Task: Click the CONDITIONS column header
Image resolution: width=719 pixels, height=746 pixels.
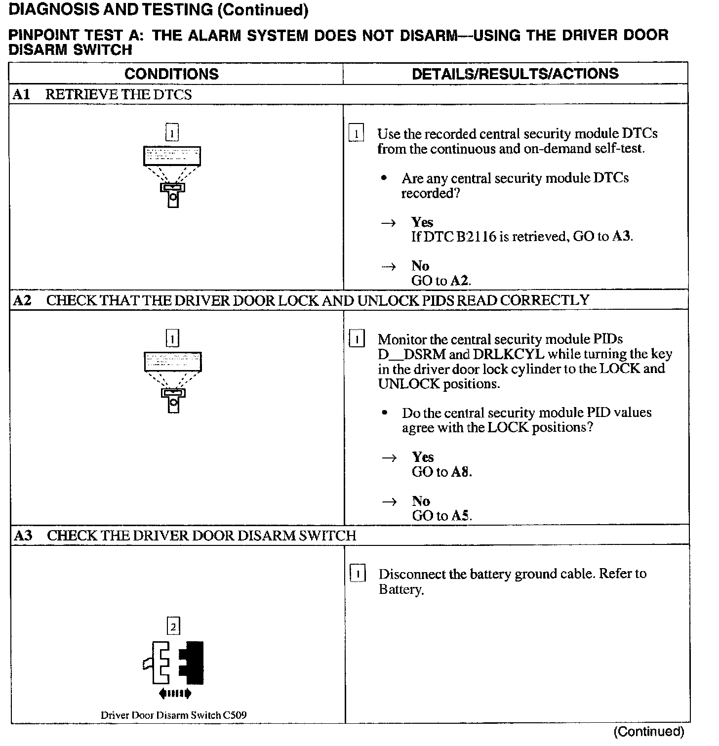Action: [x=171, y=74]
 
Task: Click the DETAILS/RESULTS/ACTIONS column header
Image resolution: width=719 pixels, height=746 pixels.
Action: [x=515, y=74]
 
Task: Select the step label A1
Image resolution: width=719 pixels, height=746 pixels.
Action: [x=21, y=94]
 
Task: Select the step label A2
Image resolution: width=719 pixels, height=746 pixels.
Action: [x=22, y=300]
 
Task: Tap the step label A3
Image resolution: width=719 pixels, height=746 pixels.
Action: [x=23, y=536]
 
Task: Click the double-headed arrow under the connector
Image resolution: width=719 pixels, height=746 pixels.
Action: [x=175, y=694]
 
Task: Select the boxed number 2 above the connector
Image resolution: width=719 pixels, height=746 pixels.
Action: [x=173, y=627]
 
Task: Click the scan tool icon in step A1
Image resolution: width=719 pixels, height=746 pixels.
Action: [x=172, y=175]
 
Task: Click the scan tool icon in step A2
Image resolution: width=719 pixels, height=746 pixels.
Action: [x=172, y=381]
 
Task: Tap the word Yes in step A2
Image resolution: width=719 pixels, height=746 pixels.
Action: [x=423, y=457]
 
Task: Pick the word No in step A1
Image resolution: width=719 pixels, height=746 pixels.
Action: [x=420, y=266]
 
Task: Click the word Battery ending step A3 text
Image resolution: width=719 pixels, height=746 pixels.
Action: [x=400, y=589]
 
